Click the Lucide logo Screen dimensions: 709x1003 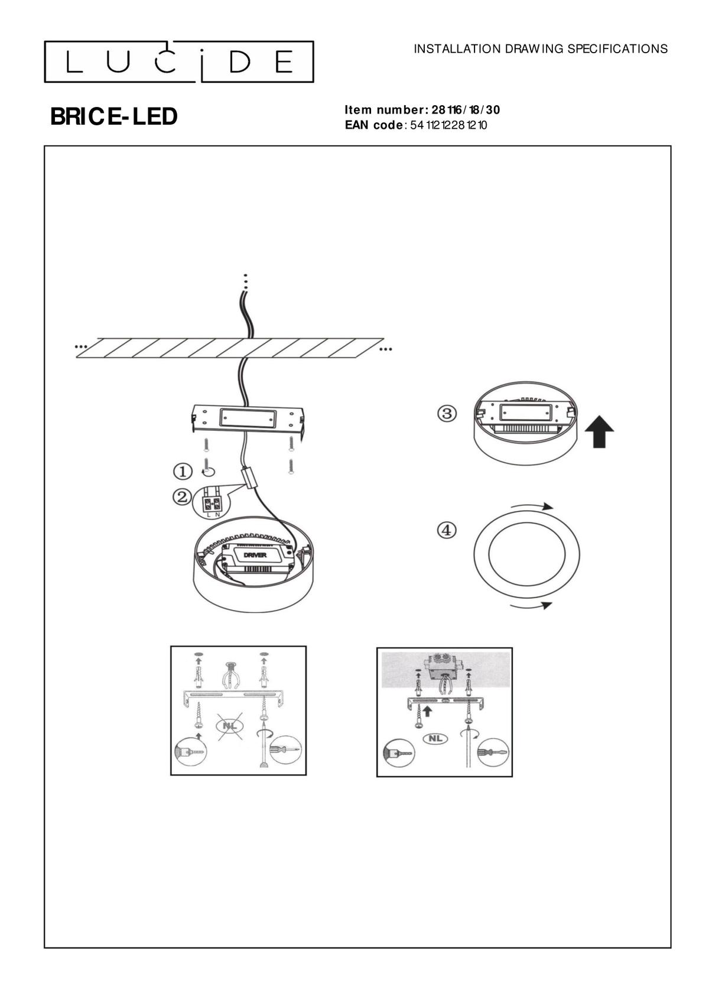[x=178, y=62]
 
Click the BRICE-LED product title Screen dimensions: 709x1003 [x=113, y=116]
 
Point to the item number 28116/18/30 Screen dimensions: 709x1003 [x=466, y=110]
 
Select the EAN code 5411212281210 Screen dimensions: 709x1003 [x=448, y=125]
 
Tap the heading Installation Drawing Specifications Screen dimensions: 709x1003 [x=540, y=49]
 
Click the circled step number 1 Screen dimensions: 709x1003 [x=183, y=471]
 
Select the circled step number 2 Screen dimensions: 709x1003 [x=182, y=496]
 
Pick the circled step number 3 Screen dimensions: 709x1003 [x=447, y=413]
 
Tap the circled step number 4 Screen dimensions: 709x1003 [x=447, y=531]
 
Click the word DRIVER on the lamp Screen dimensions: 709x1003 [x=255, y=555]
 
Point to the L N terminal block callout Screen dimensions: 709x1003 [x=212, y=503]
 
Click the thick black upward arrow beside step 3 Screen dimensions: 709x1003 [x=599, y=431]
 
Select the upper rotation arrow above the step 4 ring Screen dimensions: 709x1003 [x=532, y=506]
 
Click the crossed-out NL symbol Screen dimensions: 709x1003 [x=230, y=725]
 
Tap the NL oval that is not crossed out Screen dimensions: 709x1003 [x=435, y=738]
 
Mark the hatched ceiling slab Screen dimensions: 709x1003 [x=230, y=348]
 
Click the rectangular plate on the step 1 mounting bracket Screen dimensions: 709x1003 [x=248, y=418]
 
